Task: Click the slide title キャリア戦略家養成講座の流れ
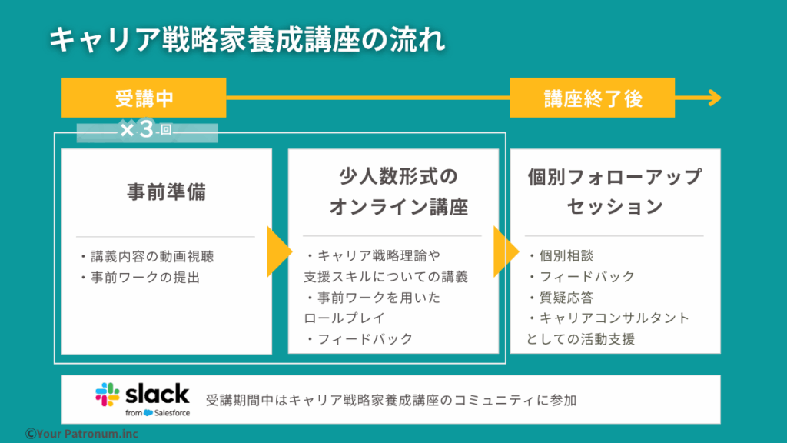(247, 40)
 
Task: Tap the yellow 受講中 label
(144, 98)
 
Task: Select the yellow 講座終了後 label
(593, 98)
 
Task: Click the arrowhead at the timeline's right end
(713, 98)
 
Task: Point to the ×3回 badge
(146, 131)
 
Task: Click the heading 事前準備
(166, 192)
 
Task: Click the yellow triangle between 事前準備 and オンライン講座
(278, 251)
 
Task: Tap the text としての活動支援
(580, 338)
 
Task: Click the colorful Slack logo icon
(108, 395)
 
